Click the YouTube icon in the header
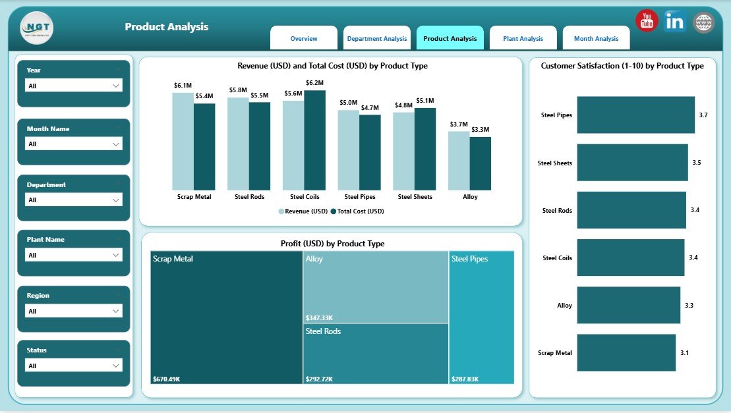(647, 20)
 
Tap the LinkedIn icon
(675, 21)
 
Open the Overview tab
(304, 38)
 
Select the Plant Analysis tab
(523, 38)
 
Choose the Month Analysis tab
(596, 38)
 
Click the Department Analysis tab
(376, 38)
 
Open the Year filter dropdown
(73, 86)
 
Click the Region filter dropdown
(73, 311)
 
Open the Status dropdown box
(73, 366)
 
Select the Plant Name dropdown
(73, 255)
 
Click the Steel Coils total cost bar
(314, 140)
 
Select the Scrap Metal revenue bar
(183, 141)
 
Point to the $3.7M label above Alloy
(459, 124)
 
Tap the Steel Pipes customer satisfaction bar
(635, 115)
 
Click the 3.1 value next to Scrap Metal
(684, 353)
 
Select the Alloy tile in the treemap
(375, 287)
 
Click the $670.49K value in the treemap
(167, 379)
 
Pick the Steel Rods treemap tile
(375, 354)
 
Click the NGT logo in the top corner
(37, 28)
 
